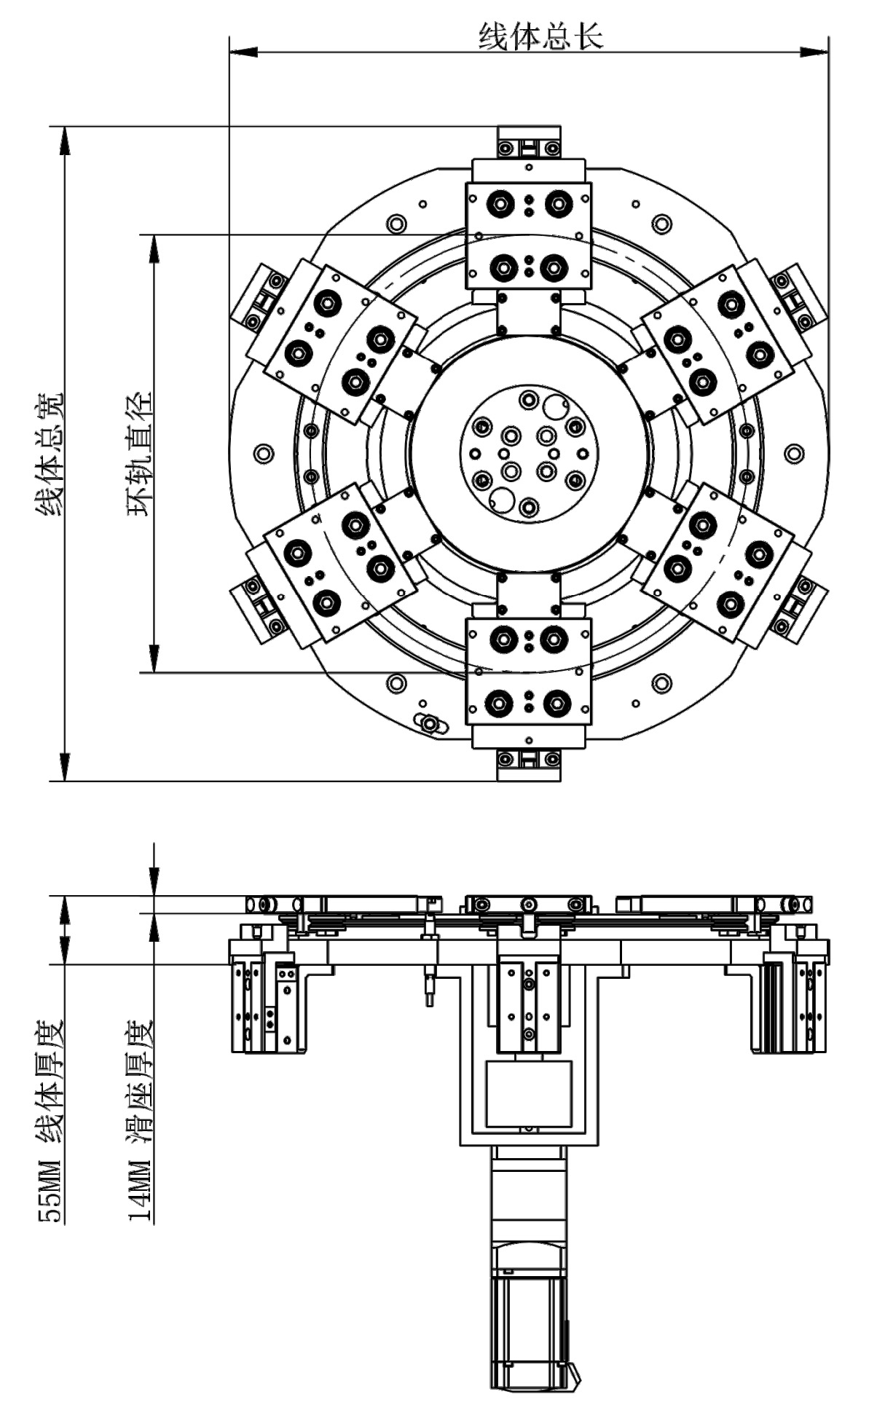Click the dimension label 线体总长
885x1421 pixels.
click(540, 36)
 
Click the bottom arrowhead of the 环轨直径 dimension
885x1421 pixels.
click(154, 658)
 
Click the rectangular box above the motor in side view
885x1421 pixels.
click(529, 1093)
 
